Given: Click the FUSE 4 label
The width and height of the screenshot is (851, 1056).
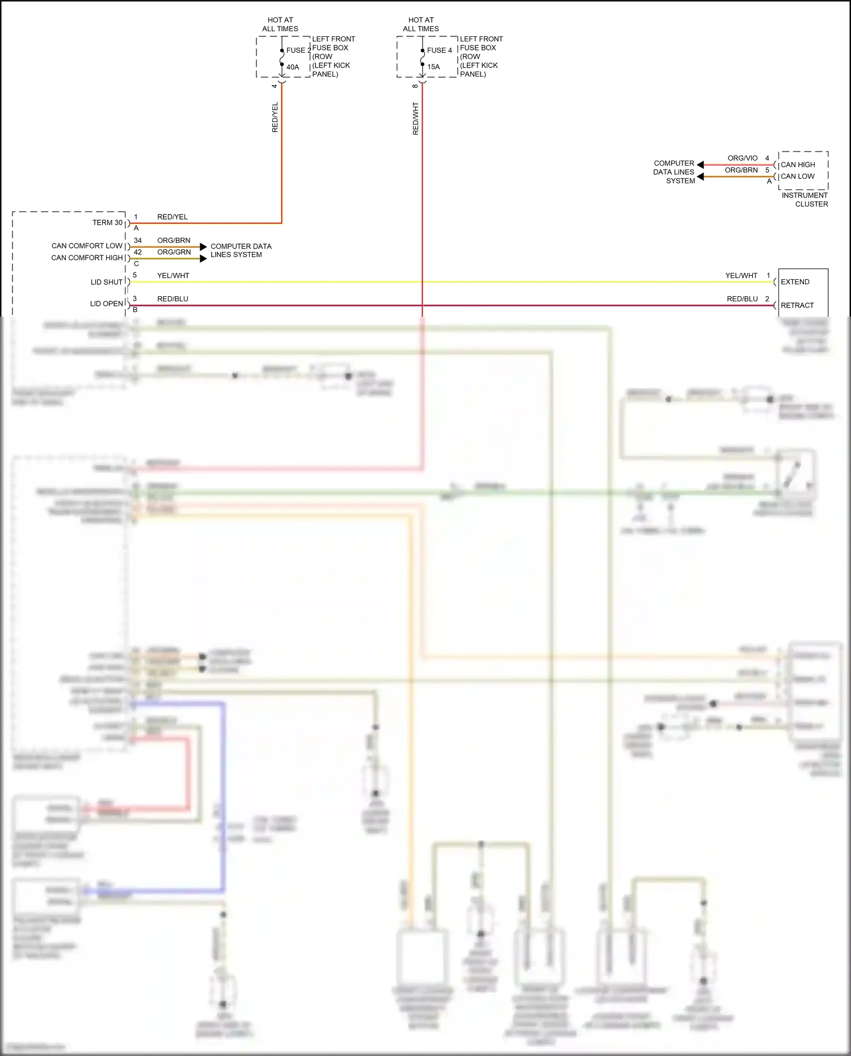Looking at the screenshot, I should coord(439,51).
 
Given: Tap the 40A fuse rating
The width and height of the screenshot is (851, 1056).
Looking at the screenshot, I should coord(293,67).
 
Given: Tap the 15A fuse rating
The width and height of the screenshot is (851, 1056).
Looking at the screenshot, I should coord(433,67).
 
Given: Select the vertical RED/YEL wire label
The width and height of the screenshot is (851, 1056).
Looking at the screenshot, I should coord(275,117).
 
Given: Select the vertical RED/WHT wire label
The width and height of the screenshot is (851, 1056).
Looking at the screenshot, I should coord(415,119).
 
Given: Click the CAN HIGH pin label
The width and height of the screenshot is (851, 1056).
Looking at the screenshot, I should coord(798,165).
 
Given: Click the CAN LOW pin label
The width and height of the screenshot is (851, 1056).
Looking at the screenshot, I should coord(797,176).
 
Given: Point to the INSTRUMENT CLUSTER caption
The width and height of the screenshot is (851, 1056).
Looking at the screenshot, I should coord(805,200).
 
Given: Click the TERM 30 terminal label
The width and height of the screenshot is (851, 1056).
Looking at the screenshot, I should coord(107,222).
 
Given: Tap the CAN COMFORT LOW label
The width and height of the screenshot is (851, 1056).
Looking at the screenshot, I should coord(87,246).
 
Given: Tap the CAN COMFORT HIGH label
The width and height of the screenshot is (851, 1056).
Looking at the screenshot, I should coord(87,258).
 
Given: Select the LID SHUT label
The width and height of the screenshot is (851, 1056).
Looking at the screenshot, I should coord(107,282).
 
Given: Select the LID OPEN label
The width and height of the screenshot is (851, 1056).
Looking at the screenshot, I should coord(107,304).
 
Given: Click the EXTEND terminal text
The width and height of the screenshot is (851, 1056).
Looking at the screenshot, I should coord(795,282).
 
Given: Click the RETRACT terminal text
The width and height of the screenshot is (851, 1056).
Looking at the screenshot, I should coord(797,305).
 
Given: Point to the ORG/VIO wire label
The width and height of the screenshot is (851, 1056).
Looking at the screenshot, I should coord(742,158).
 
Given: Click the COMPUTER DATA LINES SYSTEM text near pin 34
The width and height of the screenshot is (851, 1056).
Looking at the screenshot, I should coord(241,250).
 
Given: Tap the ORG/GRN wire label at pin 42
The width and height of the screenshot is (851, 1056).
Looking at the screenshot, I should coord(174,252).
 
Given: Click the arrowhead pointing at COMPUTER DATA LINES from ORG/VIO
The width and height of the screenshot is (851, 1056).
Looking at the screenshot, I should coord(701,165).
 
